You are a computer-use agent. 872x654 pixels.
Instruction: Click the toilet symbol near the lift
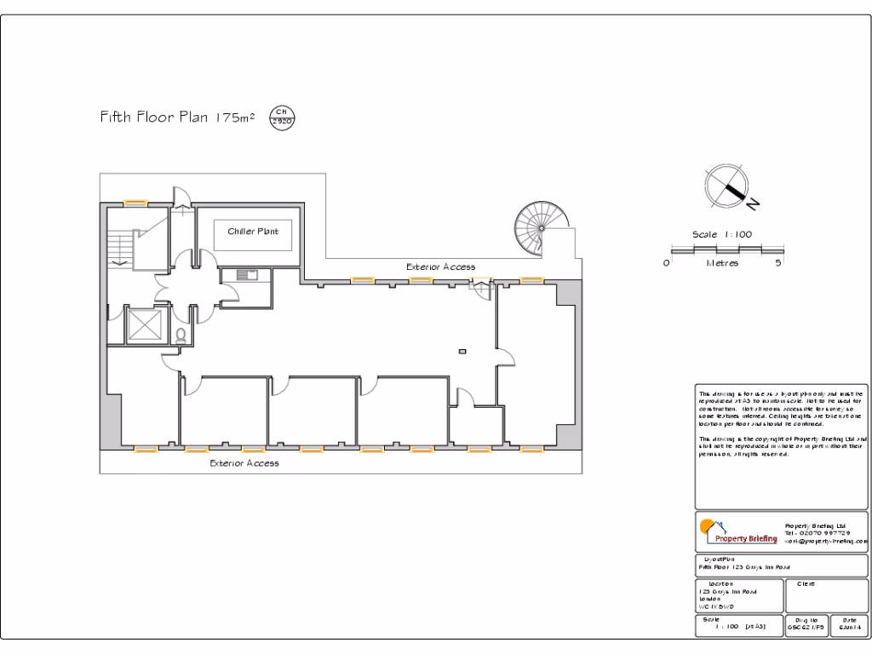tap(181, 335)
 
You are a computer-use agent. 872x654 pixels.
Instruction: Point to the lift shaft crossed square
tap(143, 324)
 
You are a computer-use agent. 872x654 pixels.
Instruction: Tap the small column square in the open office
tap(462, 351)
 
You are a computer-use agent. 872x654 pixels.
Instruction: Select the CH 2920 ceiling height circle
tap(281, 118)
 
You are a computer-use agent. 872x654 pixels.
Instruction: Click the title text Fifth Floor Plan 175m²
tap(179, 118)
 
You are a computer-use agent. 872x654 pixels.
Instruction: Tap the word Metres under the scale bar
tap(723, 264)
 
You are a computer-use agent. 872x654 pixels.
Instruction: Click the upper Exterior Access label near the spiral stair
tap(440, 267)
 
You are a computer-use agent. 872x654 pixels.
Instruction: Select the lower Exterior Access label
tap(244, 463)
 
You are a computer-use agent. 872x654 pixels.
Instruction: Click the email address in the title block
tap(825, 541)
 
